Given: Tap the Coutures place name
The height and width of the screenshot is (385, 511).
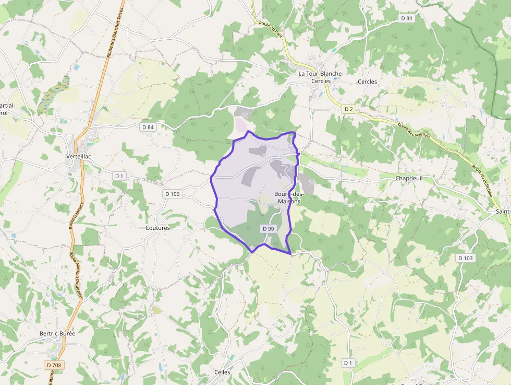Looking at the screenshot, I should click(157, 228).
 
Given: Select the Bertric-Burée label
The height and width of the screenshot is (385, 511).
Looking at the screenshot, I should click(57, 333).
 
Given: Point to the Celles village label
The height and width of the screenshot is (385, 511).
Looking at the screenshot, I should click(222, 372).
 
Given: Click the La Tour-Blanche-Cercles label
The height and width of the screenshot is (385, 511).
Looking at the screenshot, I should click(320, 77).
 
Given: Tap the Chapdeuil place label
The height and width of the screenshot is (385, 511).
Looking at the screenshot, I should click(408, 178).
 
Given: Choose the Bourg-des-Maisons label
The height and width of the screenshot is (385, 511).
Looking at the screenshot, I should click(288, 197).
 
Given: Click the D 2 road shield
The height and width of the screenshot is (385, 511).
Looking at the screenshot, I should click(349, 109).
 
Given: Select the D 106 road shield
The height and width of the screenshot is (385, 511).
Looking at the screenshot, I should click(172, 194).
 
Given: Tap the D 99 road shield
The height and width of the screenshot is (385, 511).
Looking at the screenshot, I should click(268, 229).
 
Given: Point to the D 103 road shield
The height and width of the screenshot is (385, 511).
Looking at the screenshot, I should click(466, 258).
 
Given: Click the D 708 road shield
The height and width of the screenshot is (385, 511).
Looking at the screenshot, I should click(53, 365).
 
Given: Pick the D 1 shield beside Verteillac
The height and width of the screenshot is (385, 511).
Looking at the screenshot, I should click(119, 176).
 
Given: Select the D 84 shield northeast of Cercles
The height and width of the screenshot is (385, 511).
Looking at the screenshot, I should click(407, 18).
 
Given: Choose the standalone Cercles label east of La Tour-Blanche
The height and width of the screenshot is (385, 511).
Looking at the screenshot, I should click(367, 82).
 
